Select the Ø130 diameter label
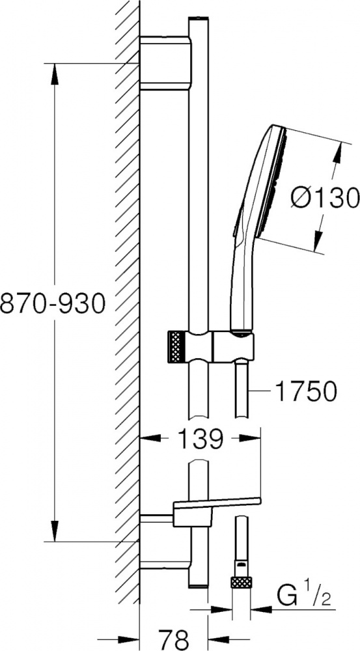point(325,197)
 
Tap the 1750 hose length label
point(305,391)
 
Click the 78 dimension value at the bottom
point(173,639)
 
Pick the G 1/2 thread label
point(305,598)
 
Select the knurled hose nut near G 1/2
point(242,582)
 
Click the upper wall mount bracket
point(165,63)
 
